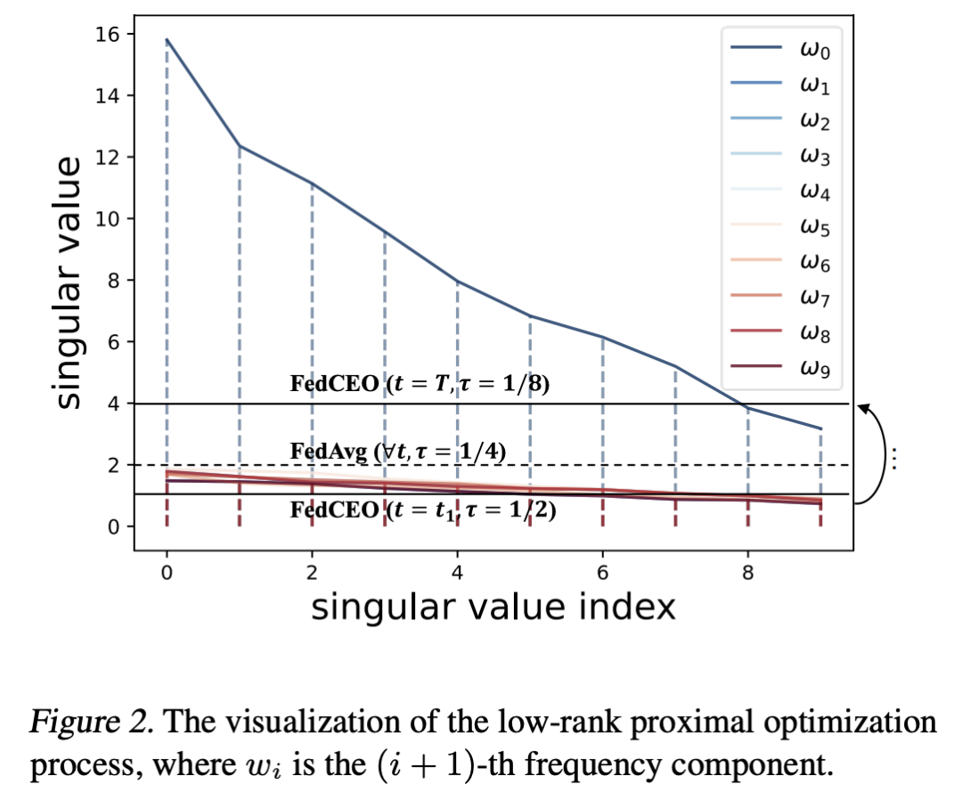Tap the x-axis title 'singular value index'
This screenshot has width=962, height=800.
(x=493, y=608)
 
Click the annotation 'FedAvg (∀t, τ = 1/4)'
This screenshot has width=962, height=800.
(x=398, y=452)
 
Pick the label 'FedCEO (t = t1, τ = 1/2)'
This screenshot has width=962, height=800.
(x=423, y=511)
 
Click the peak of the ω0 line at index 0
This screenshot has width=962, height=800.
(x=167, y=40)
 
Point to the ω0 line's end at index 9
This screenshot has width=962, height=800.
(x=820, y=429)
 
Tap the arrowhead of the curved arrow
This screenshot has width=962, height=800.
(x=861, y=408)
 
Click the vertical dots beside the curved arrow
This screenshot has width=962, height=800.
(x=894, y=457)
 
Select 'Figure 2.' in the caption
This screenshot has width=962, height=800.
(x=75, y=722)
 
